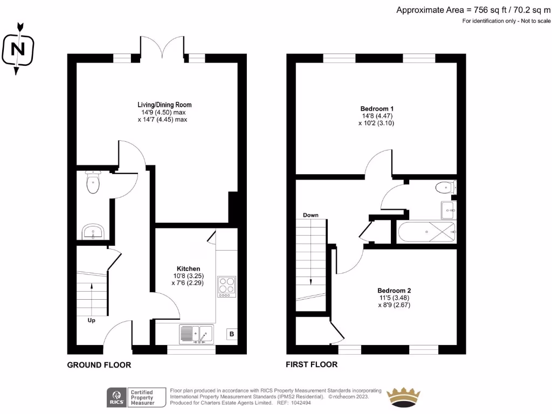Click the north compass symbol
click(x=18, y=49)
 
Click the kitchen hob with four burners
click(x=226, y=286)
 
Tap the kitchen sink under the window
click(x=197, y=335)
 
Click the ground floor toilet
click(x=94, y=183)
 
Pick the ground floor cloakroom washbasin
click(x=94, y=232)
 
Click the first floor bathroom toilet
click(x=445, y=188)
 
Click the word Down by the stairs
click(x=310, y=215)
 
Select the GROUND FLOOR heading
click(x=99, y=365)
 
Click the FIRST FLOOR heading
click(x=311, y=365)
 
